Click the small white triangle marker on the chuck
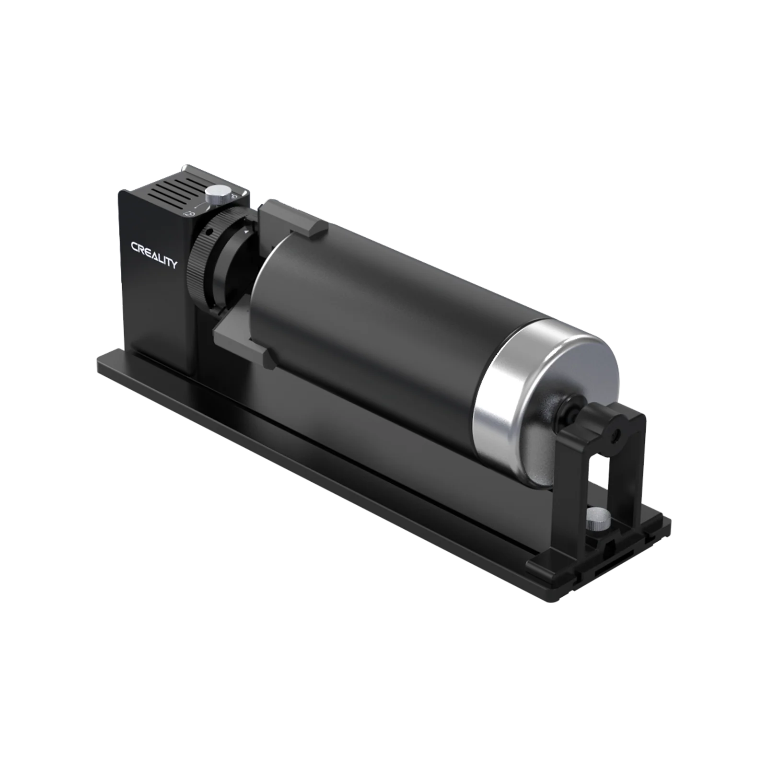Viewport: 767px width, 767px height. click(245, 232)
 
